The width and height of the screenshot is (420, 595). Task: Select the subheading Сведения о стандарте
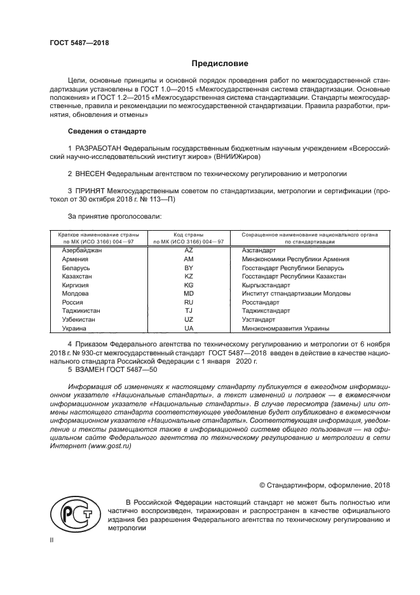[x=106, y=131]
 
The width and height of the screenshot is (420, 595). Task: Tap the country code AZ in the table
[x=188, y=251]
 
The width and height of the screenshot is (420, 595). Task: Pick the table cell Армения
[x=75, y=259]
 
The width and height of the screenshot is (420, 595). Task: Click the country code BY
[x=188, y=268]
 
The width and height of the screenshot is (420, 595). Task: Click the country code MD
[x=188, y=294]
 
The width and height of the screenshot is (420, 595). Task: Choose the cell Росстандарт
[x=261, y=303]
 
